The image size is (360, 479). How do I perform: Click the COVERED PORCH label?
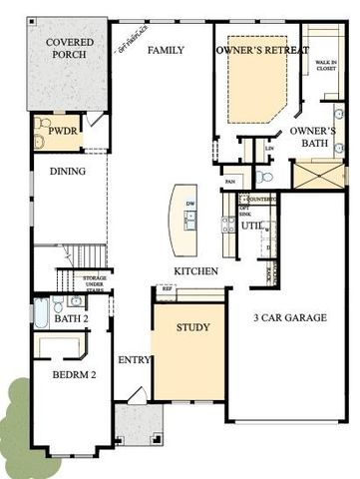point(67,47)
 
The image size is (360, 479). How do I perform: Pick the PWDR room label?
point(52,129)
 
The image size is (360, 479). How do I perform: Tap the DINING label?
point(67,173)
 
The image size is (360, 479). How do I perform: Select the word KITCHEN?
point(194,271)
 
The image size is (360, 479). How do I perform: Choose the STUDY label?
point(194,327)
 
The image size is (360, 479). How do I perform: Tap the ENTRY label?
point(133,360)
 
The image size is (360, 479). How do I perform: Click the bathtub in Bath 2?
point(41,313)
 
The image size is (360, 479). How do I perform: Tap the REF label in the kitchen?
point(168,289)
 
